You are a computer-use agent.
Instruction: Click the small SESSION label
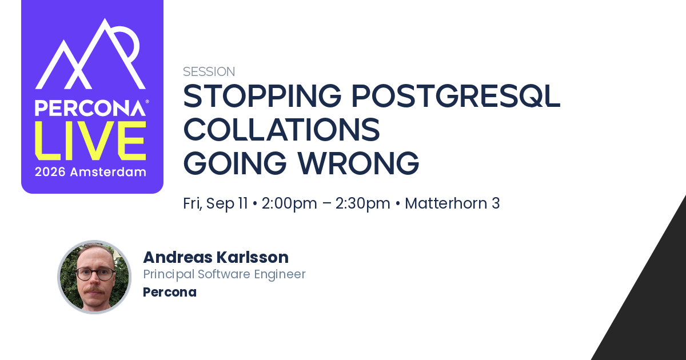point(209,71)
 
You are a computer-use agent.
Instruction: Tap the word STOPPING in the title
point(262,96)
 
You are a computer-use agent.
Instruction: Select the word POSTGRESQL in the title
point(456,97)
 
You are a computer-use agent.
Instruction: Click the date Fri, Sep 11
point(216,203)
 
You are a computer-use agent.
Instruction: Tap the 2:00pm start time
point(289,203)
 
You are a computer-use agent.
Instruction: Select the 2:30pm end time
point(363,203)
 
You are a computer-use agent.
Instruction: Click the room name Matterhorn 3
point(452,203)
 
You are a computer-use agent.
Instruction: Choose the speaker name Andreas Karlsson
point(216,257)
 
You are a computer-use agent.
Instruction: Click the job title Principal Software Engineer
point(225,274)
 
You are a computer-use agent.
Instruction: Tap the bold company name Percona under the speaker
point(170,293)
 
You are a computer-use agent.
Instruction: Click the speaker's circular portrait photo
point(94,277)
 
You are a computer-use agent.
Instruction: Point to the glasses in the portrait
point(95,274)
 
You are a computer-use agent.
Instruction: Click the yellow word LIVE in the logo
point(90,141)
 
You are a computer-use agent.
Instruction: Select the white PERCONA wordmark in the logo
point(90,108)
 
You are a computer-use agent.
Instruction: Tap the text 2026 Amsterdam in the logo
point(90,172)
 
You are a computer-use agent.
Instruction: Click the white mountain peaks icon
point(90,54)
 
